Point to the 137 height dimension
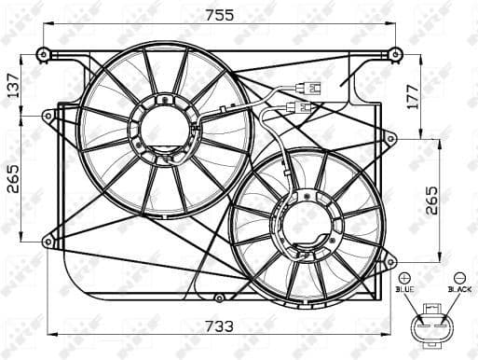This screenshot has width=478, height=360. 13,85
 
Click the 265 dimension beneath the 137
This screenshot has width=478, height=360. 13,178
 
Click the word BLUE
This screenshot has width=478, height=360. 404,291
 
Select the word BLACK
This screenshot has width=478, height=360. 459,291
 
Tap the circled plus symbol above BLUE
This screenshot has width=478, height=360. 404,278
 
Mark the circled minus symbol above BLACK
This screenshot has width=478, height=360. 459,278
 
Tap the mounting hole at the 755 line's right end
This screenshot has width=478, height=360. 395,54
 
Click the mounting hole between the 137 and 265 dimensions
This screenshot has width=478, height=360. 48,116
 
